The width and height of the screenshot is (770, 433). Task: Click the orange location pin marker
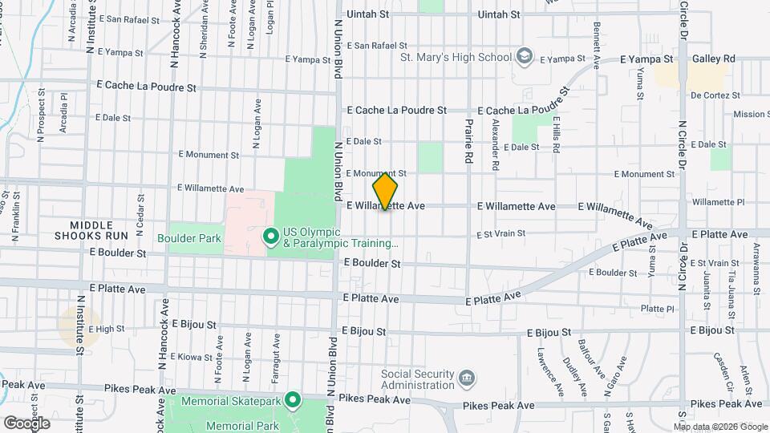pos(385,192)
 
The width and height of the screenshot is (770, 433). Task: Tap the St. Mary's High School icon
pos(524,56)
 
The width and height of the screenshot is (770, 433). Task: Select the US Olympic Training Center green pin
pos(270,237)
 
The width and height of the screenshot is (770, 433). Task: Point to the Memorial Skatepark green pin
pos(293,399)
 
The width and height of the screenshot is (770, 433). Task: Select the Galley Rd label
pos(714,59)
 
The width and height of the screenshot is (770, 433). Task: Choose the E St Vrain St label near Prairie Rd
pos(500,234)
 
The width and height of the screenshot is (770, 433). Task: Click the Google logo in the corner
pos(26,423)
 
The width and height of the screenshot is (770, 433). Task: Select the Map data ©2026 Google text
pos(719,427)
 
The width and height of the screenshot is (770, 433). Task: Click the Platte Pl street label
pos(658,309)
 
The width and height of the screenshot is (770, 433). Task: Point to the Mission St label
pos(750,115)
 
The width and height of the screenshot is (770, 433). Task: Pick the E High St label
pos(106,329)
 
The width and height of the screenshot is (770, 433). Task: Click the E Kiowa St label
pos(196,356)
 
